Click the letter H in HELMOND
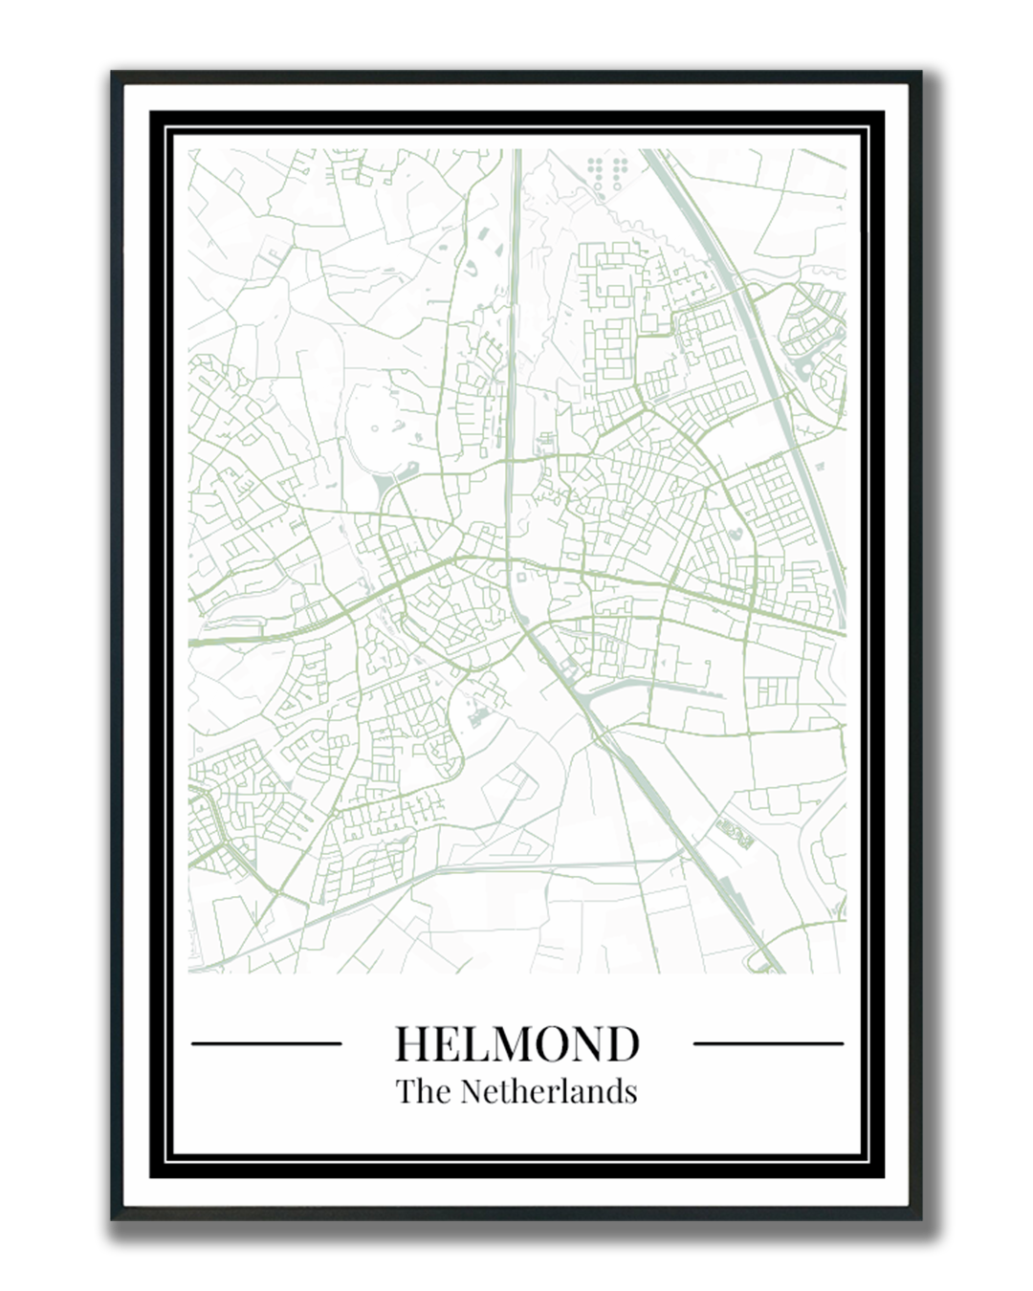[x=413, y=1043]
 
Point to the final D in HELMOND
[x=624, y=1043]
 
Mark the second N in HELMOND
[x=592, y=1043]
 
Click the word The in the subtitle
[x=425, y=1091]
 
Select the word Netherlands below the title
[x=549, y=1091]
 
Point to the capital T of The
[x=406, y=1091]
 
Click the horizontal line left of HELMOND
[x=267, y=1043]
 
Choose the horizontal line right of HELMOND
[x=768, y=1043]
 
